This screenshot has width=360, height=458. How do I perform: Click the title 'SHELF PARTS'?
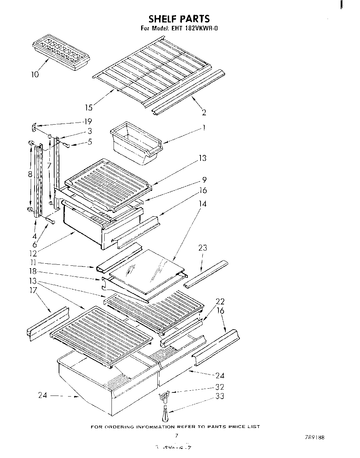coord(179,18)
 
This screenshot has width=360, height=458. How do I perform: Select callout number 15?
coord(89,108)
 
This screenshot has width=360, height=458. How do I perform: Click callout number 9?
coord(204,179)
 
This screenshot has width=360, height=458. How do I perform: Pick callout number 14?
coord(203,204)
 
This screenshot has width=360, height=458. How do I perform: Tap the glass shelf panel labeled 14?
coord(146,271)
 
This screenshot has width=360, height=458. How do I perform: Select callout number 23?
coord(203,247)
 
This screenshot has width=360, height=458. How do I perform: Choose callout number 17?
coord(33,291)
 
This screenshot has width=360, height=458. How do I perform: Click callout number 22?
coord(220,301)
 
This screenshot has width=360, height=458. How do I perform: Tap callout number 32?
coord(220,387)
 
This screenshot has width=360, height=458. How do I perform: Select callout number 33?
coord(220,396)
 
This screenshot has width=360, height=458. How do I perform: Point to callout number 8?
coord(30,175)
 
